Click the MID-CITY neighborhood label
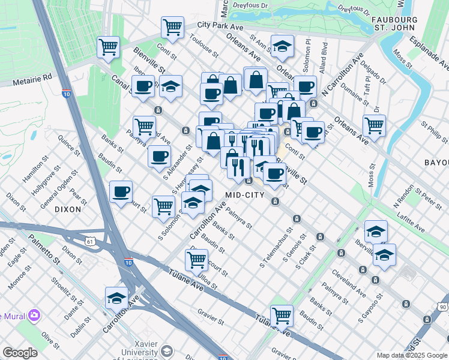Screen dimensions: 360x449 coord(245,195)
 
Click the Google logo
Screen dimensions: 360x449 coord(20,352)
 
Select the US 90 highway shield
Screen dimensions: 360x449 coord(443,307)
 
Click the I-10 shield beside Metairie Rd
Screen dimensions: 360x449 coord(67,94)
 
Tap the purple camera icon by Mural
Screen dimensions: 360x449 coord(34,314)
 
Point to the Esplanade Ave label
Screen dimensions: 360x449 coord(429,52)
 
